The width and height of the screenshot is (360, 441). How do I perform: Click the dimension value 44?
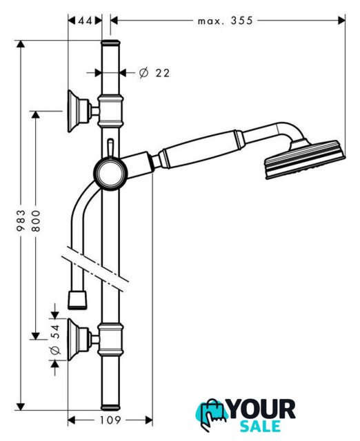(85, 21)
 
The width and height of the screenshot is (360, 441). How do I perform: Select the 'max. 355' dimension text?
(226, 21)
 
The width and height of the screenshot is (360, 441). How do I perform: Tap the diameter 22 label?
(154, 73)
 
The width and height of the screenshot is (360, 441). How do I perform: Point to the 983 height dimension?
(21, 220)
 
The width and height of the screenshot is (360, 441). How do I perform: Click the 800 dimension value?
(36, 220)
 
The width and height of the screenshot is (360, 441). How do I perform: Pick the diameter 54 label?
(55, 340)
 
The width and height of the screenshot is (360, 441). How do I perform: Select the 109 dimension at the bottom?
(110, 420)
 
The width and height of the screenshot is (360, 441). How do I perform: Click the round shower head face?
(305, 159)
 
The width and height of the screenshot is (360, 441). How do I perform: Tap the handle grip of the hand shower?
(201, 149)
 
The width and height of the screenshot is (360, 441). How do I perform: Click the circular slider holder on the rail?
(110, 174)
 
